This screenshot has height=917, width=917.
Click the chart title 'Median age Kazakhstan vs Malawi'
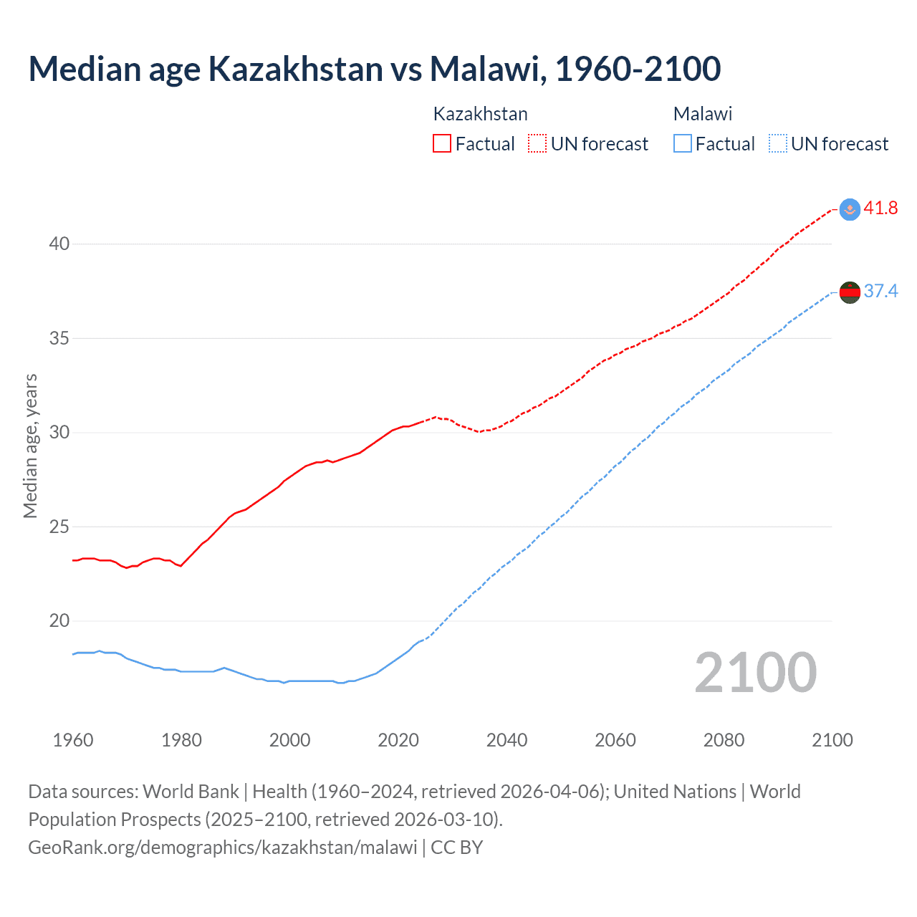tap(374, 69)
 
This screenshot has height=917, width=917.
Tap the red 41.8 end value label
tap(880, 208)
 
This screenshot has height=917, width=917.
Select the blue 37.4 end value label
tap(880, 291)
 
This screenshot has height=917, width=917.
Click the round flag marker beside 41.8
tap(850, 209)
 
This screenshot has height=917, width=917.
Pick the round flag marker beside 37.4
tap(850, 292)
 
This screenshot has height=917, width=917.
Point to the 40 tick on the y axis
tap(59, 244)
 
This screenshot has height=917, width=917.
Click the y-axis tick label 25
tap(59, 527)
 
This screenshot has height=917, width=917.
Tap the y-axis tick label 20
tap(59, 621)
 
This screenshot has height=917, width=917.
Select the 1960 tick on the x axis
tap(73, 740)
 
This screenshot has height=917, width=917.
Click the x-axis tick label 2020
tap(398, 740)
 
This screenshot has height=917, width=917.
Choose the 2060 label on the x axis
tap(615, 740)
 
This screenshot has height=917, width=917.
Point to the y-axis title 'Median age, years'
tap(30, 446)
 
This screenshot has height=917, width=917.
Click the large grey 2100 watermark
tap(755, 673)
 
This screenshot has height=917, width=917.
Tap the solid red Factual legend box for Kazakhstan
tap(442, 144)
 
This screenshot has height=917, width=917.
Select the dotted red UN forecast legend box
tap(537, 144)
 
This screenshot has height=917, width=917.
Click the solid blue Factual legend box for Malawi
tap(683, 144)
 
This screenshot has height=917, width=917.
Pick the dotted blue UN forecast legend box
tap(778, 144)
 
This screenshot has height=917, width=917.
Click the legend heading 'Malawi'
tap(703, 114)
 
